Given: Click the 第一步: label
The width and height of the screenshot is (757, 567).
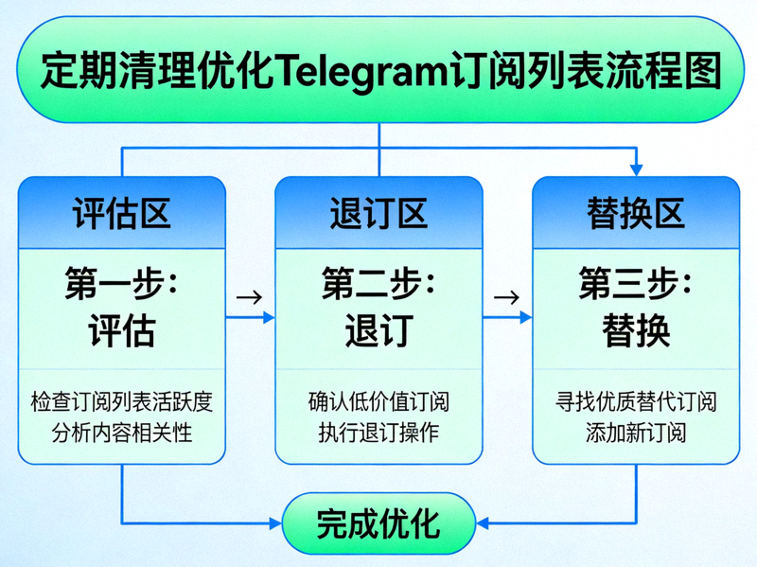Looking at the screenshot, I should tap(122, 283).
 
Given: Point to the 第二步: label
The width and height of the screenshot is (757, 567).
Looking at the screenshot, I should tap(378, 283).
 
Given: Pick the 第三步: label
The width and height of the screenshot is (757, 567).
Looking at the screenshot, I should tap(636, 283).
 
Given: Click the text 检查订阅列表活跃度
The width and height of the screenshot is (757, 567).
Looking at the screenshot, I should tap(122, 402).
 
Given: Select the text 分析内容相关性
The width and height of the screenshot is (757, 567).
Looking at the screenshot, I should tap(122, 434).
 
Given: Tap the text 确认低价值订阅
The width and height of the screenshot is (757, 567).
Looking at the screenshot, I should tap(378, 402).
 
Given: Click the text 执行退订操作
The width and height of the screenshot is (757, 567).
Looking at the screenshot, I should tap(378, 434).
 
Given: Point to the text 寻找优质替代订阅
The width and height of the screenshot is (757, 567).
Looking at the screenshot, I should tap(636, 402).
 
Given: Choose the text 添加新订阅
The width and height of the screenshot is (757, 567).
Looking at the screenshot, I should tap(636, 434).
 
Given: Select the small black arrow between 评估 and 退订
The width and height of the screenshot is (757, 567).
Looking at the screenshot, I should tap(250, 296).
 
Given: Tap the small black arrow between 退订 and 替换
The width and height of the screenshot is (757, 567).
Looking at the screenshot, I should tap(507, 296).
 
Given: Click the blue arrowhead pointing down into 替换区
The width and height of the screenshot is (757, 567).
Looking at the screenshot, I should tap(636, 169).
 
